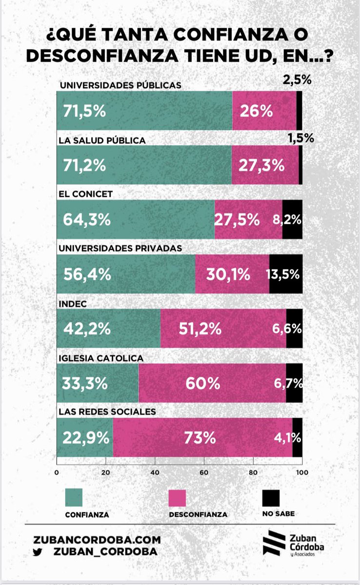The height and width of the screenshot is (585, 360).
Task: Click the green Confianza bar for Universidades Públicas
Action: (144, 111)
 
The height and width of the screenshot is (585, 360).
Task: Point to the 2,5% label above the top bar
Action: (297, 80)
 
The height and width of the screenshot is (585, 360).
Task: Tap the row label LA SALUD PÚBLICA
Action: (102, 140)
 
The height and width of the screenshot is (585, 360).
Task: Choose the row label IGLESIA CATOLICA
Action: (101, 358)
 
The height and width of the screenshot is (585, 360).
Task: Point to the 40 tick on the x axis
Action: (155, 472)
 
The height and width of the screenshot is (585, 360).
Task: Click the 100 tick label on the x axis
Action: (302, 472)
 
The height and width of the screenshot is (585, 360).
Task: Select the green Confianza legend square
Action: (74, 498)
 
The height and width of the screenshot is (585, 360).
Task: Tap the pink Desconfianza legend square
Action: (177, 498)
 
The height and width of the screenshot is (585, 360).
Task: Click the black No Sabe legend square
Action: (271, 498)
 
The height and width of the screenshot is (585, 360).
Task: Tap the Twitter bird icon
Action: (37, 551)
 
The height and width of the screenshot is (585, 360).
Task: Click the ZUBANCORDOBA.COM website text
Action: (97, 540)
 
